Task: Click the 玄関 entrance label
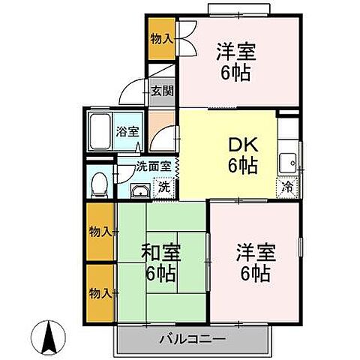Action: pyautogui.click(x=161, y=91)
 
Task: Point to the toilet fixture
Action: pyautogui.click(x=98, y=183)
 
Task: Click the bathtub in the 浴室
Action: pyautogui.click(x=99, y=132)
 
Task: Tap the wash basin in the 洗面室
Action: pyautogui.click(x=139, y=189)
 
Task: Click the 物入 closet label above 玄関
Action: pyautogui.click(x=160, y=36)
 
